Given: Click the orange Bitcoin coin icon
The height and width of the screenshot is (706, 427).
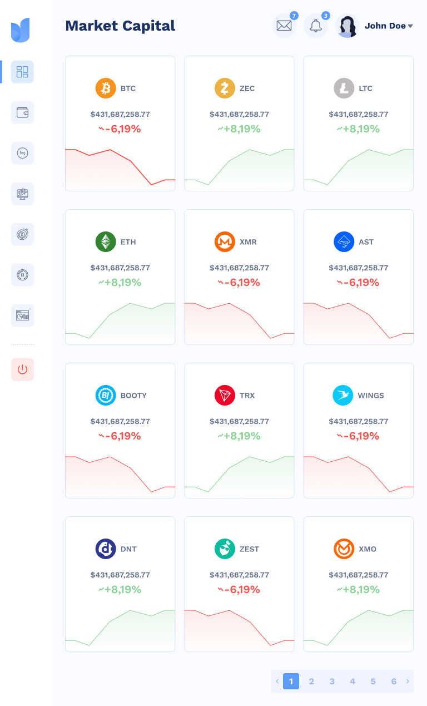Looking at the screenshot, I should point(106,88).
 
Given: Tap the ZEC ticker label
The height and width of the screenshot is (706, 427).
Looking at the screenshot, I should point(247,88).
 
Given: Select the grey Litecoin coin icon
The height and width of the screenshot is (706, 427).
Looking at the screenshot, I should point(344,88).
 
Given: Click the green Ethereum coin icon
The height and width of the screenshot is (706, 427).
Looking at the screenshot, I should point(106,242).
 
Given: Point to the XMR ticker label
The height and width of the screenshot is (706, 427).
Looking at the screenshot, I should point(248,242).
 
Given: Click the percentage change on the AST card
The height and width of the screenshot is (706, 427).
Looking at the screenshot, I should point(358,283).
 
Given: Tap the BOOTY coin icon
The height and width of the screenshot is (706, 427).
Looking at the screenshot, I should point(106,396).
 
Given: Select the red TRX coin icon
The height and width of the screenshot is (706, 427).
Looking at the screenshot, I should point(225,396).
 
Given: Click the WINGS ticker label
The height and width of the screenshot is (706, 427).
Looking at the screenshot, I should point(371,396).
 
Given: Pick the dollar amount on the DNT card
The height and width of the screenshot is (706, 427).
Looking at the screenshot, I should point(120,575).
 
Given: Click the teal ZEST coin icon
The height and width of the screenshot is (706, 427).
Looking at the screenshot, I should point(225,549).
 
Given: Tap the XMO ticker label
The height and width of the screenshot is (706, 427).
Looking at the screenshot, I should point(368,549).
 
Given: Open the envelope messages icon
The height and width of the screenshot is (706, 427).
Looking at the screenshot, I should point(284,26).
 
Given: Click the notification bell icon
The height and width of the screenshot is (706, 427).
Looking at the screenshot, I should point(316,26).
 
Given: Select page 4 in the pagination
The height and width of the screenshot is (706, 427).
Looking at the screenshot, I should point(352,682).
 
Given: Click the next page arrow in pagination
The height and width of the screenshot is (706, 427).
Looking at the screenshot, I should point(408,682).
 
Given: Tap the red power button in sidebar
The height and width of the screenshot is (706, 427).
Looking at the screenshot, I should point(22,369).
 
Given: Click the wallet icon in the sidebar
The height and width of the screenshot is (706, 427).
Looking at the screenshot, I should point(22,112).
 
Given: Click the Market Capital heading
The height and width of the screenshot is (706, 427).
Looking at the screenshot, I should point(120,26).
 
